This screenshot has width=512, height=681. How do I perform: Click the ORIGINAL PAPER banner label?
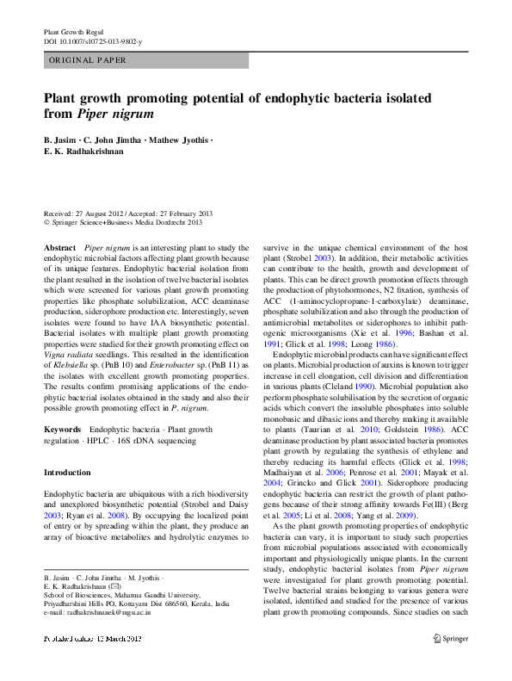click(88, 60)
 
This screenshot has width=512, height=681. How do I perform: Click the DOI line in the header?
click(93, 41)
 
